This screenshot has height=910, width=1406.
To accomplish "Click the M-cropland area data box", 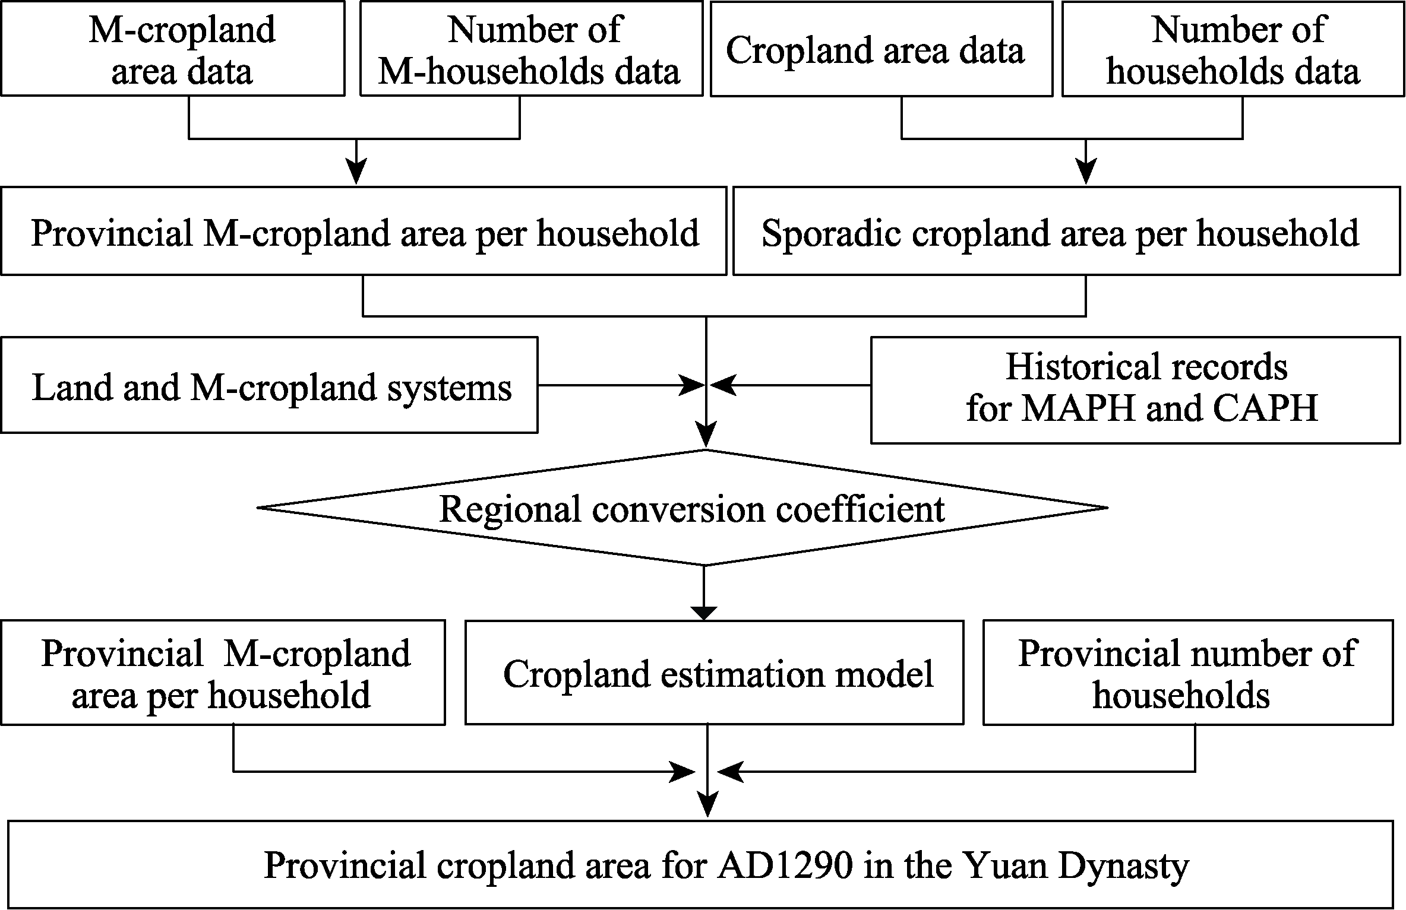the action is coord(173,48).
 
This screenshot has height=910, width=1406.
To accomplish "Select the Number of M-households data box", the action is coord(532,48).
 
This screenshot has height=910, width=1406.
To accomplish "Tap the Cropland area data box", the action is coord(881,49).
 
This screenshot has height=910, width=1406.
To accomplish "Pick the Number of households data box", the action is coord(1233,49).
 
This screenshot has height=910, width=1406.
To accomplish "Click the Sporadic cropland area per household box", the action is coord(1067,231).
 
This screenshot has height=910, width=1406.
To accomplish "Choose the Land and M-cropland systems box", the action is coord(270,385).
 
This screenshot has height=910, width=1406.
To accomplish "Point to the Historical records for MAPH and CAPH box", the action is coord(1136,390).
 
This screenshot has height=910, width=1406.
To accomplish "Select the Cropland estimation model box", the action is coord(714,673).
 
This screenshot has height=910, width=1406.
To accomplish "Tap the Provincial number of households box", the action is coord(1188,673).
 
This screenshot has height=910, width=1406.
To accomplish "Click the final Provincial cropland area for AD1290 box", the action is coord(701,864).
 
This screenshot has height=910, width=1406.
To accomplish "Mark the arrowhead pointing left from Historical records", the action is coord(722,385).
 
